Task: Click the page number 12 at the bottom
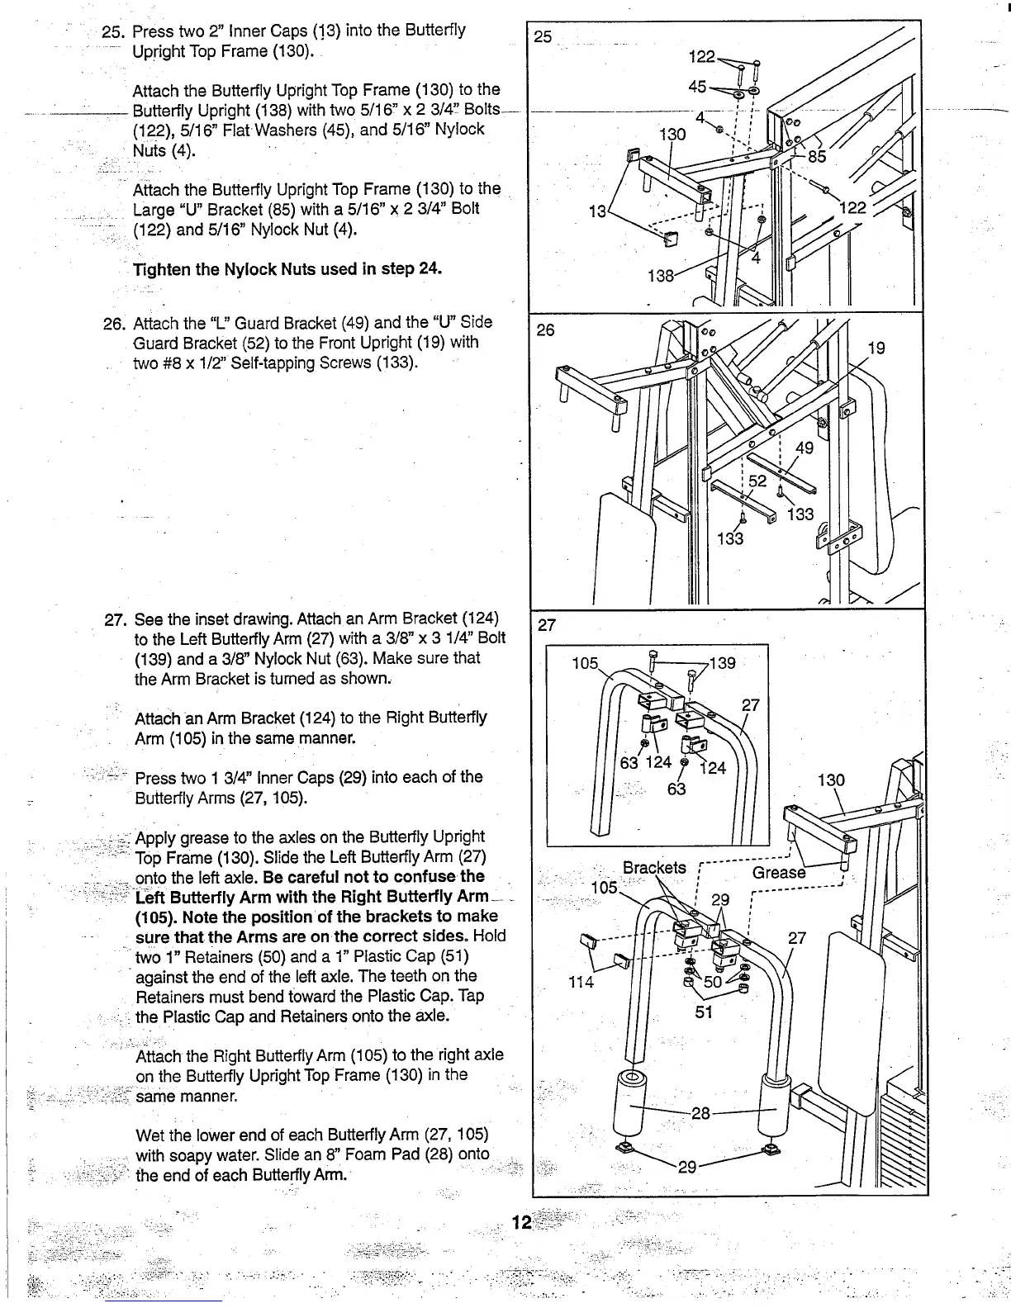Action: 520,1222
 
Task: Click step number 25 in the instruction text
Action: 112,32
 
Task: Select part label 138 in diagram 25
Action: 661,277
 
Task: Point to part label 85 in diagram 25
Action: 817,156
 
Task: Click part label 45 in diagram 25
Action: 698,86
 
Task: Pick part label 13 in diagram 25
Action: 597,211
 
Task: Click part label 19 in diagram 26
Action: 876,348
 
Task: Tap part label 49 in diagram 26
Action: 804,448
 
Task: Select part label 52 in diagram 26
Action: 757,481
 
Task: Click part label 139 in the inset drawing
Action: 723,662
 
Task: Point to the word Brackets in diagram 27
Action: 654,868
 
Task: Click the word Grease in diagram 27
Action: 779,873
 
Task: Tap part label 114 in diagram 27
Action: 581,982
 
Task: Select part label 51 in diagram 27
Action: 703,1012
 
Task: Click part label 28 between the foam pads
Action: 700,1113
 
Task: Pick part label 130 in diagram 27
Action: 831,780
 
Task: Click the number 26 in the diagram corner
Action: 546,330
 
